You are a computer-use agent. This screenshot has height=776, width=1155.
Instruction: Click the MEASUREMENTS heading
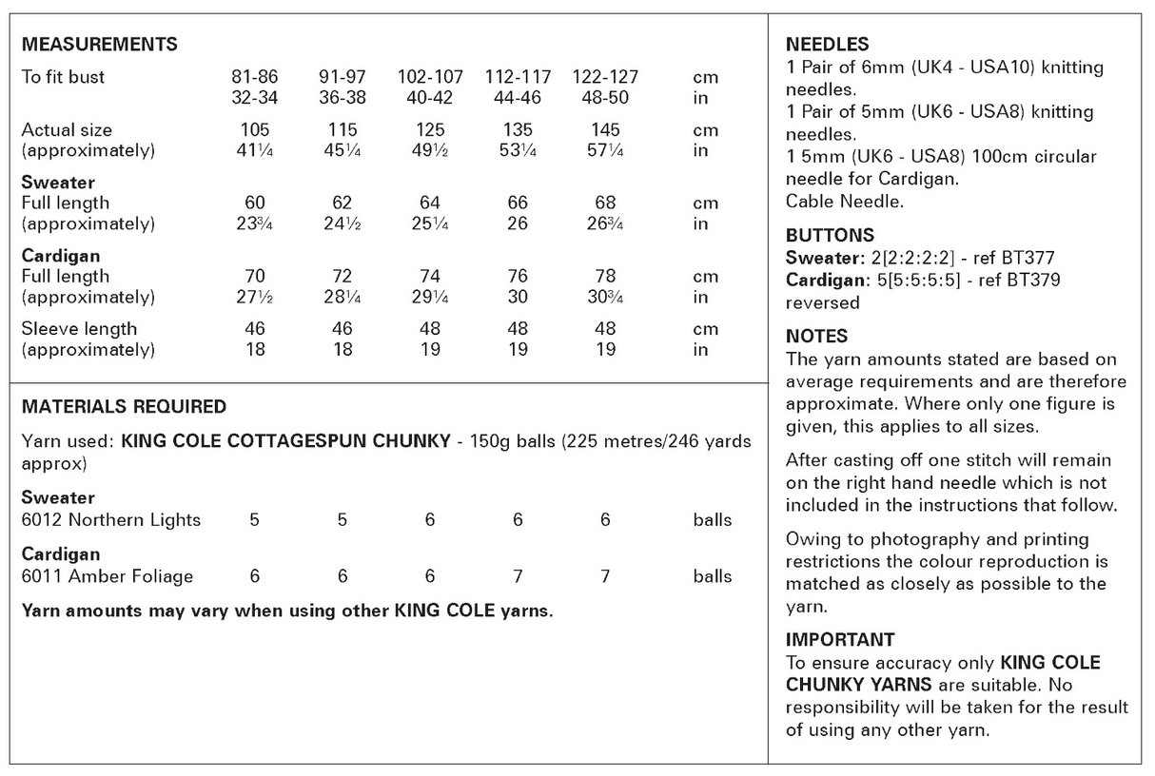tap(99, 45)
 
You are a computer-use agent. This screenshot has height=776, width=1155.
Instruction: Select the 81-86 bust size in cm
tap(255, 77)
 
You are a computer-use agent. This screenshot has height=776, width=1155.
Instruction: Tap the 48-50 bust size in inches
tap(605, 98)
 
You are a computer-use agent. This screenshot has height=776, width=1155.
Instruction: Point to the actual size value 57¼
tap(605, 151)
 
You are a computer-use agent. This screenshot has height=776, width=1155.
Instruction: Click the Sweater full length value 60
tap(255, 203)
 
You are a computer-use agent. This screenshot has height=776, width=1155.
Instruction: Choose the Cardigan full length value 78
tap(605, 277)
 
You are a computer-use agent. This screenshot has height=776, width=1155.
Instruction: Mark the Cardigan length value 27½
tap(255, 298)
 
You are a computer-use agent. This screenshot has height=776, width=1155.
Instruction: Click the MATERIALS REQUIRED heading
tap(124, 407)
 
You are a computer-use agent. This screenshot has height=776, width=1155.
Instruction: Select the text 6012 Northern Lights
tap(111, 520)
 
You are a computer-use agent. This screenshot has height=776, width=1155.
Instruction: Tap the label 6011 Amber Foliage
tap(107, 576)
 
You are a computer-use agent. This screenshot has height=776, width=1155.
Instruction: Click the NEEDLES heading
tap(827, 45)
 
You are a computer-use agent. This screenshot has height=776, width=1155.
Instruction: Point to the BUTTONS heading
tap(830, 236)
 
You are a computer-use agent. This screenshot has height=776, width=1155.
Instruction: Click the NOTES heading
tap(816, 337)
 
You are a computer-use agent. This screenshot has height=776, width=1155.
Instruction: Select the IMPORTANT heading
tap(840, 640)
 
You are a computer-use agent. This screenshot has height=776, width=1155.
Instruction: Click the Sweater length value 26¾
tap(605, 224)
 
